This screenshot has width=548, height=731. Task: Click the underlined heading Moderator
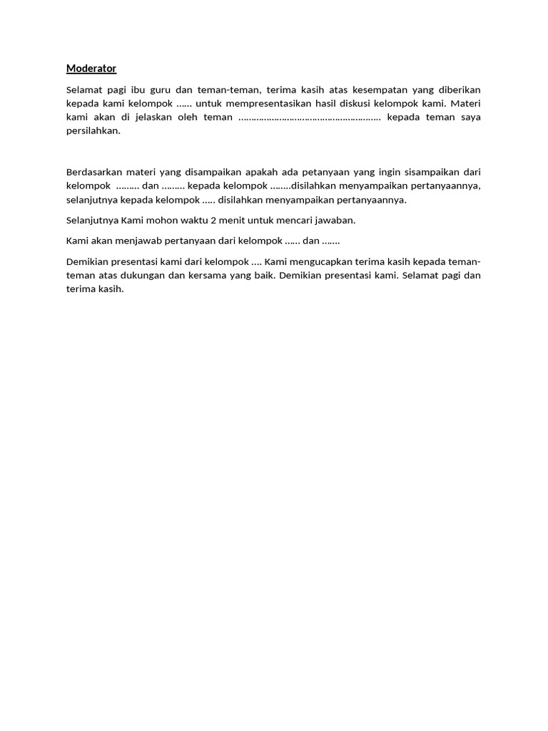(91, 69)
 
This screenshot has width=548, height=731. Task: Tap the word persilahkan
(93, 131)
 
